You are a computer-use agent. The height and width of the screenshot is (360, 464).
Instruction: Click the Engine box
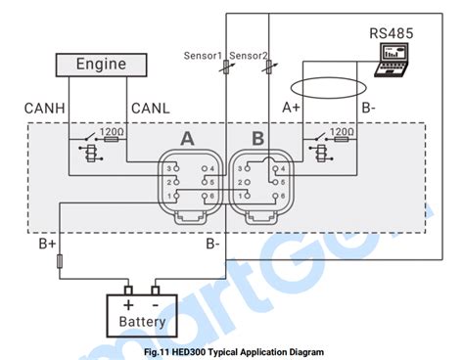[103, 65]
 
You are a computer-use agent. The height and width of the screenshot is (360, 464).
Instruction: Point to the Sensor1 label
[204, 55]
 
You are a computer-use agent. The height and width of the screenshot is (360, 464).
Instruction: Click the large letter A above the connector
[187, 140]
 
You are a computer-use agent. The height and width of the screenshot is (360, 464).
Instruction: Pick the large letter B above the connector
[257, 140]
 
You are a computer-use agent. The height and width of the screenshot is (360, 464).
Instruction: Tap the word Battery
[142, 320]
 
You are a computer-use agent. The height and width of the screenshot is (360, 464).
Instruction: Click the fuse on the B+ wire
[61, 261]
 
